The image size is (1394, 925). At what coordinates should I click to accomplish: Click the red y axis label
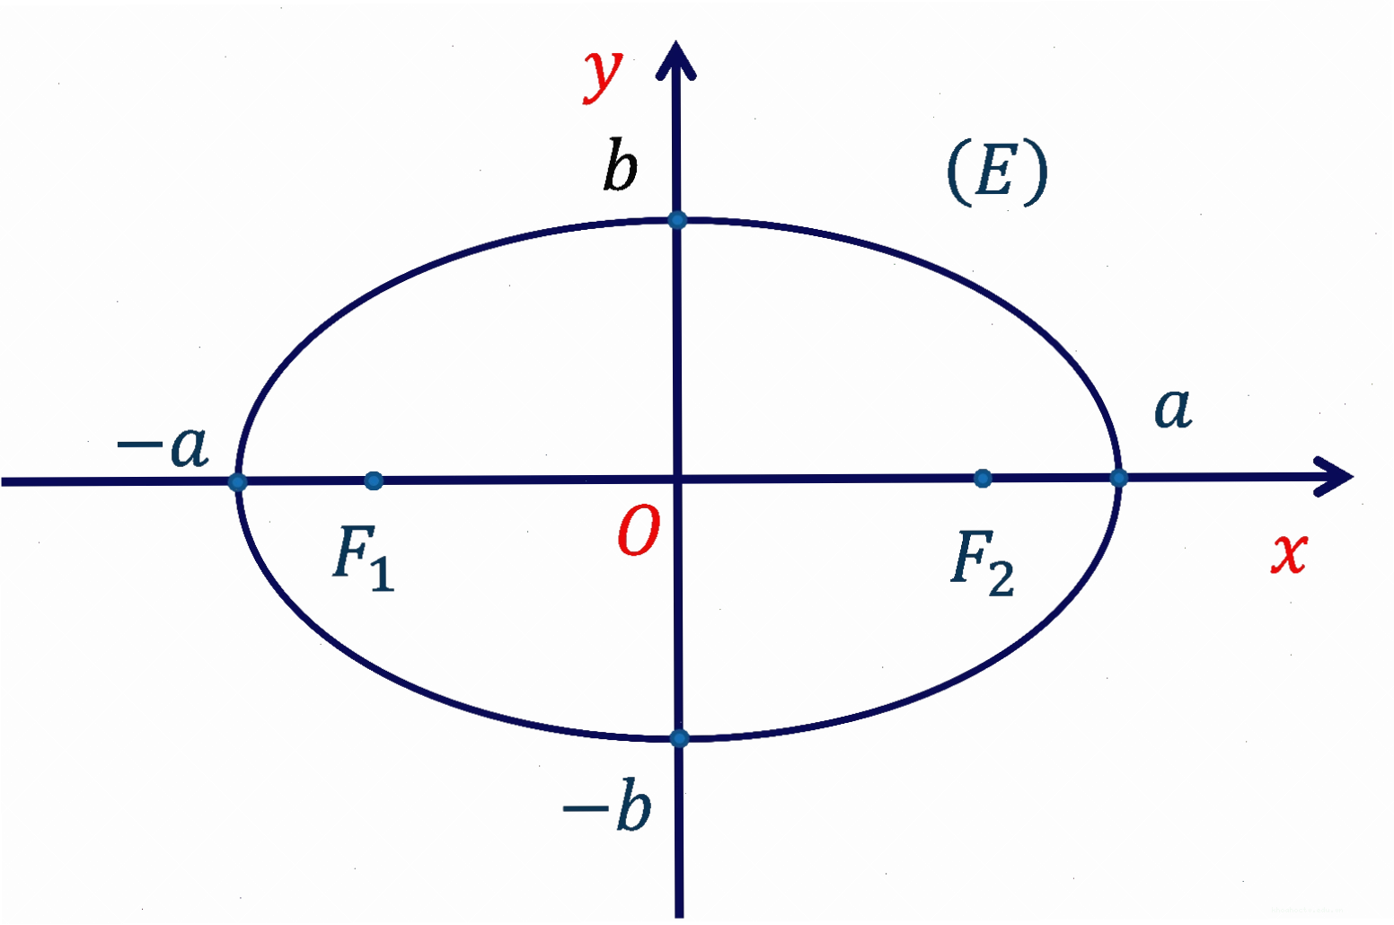603,77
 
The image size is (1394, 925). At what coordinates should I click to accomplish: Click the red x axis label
1289,552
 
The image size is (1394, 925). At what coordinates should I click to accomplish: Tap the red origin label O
639,531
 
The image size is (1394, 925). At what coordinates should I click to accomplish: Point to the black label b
621,165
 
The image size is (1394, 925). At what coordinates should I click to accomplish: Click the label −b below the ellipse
607,805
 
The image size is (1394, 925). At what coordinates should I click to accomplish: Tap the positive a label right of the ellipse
1173,408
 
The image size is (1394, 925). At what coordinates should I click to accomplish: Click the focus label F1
364,558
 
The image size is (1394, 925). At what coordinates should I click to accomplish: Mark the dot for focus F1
374,480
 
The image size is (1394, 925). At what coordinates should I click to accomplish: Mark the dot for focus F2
983,479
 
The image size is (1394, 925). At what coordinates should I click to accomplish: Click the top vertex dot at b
677,220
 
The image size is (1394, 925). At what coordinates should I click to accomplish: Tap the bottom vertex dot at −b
680,738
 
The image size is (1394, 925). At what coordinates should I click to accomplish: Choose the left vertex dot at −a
237,482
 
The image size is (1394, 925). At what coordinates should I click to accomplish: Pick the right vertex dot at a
1118,479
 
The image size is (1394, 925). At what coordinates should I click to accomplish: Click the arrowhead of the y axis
675,59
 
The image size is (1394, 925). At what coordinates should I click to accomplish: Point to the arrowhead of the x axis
1335,477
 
